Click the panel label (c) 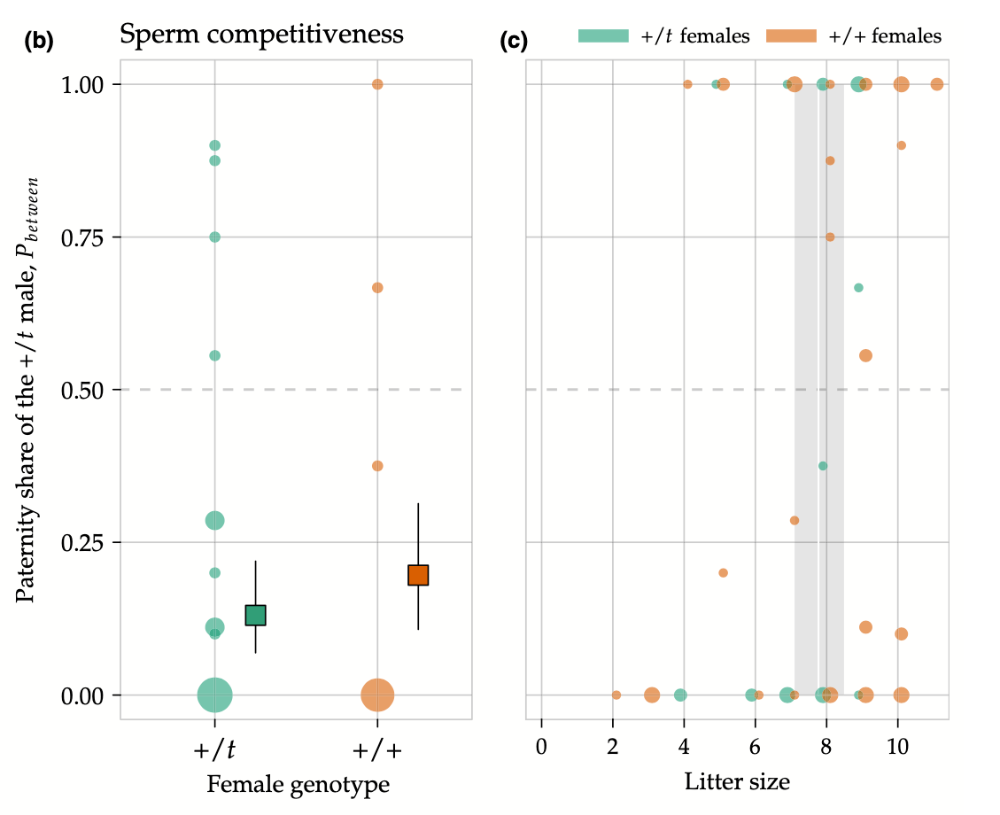tap(515, 41)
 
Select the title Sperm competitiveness tap(261, 35)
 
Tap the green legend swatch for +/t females tap(603, 35)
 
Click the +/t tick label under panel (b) tap(214, 750)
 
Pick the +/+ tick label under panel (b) tap(377, 750)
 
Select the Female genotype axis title tap(298, 784)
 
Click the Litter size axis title tap(737, 782)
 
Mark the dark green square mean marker tap(255, 615)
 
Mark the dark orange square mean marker tap(418, 575)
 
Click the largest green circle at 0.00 tap(214, 695)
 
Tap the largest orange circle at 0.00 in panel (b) tap(377, 695)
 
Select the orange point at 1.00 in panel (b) tap(377, 84)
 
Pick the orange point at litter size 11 tap(937, 84)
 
